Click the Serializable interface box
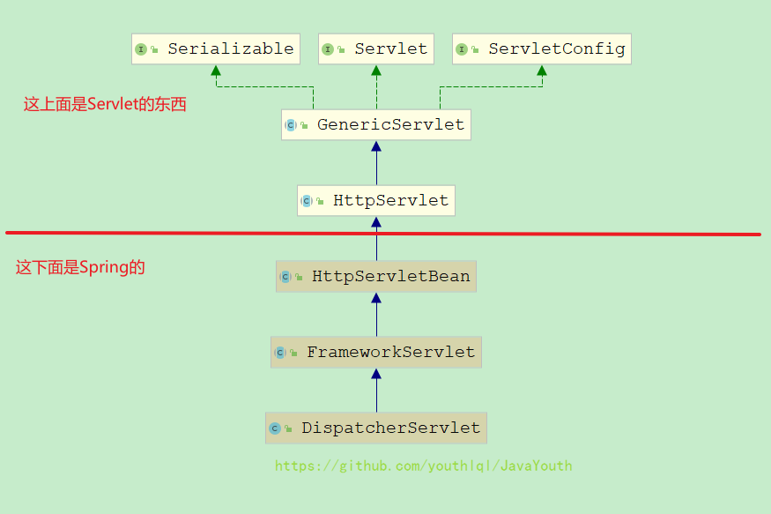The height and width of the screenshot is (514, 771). coord(216,49)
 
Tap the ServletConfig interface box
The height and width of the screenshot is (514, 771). coord(542,49)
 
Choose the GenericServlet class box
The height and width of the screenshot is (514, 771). coord(376,125)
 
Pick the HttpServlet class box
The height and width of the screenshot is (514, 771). coord(376,201)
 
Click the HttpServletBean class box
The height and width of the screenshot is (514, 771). coord(376,277)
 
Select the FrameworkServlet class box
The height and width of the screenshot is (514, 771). coord(376,353)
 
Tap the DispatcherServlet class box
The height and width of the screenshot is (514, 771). coord(376,428)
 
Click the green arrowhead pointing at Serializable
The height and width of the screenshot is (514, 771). coord(216,71)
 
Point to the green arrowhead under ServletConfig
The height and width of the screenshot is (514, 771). coord(541,71)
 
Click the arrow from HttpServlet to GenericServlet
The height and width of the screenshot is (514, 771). coord(376,163)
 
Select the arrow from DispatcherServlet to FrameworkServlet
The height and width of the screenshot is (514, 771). coord(376,391)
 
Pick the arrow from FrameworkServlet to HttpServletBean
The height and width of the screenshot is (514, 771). coord(376,315)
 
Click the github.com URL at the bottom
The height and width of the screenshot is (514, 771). coord(423,466)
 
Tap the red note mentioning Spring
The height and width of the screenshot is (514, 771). coord(80,267)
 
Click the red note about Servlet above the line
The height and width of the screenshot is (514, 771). coord(105,104)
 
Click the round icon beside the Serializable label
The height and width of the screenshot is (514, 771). coord(141,49)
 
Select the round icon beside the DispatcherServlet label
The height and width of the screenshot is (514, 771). coord(275,428)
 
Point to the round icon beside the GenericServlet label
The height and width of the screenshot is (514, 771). coord(291,125)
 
